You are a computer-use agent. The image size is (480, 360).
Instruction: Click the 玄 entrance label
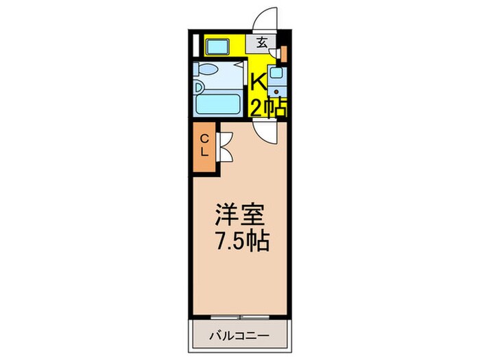(263, 43)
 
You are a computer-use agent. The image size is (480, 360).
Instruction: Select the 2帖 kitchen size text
(267, 108)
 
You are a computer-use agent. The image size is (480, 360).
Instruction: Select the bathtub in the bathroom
(216, 104)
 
